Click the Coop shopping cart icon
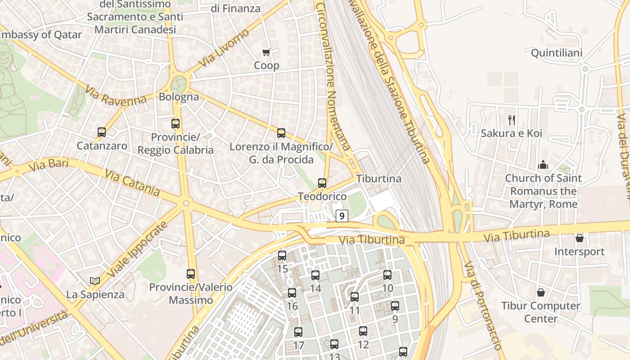point(266,53)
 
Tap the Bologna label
point(179,97)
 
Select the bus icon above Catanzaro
point(102,132)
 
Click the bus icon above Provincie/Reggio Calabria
point(175,123)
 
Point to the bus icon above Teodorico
point(322,183)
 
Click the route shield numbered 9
point(342,216)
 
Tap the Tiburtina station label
point(379,179)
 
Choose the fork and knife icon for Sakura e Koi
point(511,120)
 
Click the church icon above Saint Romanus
point(543,165)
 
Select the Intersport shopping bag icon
point(580,238)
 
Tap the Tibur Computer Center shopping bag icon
point(541,292)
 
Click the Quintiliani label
point(557,53)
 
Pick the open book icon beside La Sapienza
point(94,281)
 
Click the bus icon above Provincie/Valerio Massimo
point(191,274)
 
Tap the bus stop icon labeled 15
point(282,256)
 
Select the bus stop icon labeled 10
point(387,275)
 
